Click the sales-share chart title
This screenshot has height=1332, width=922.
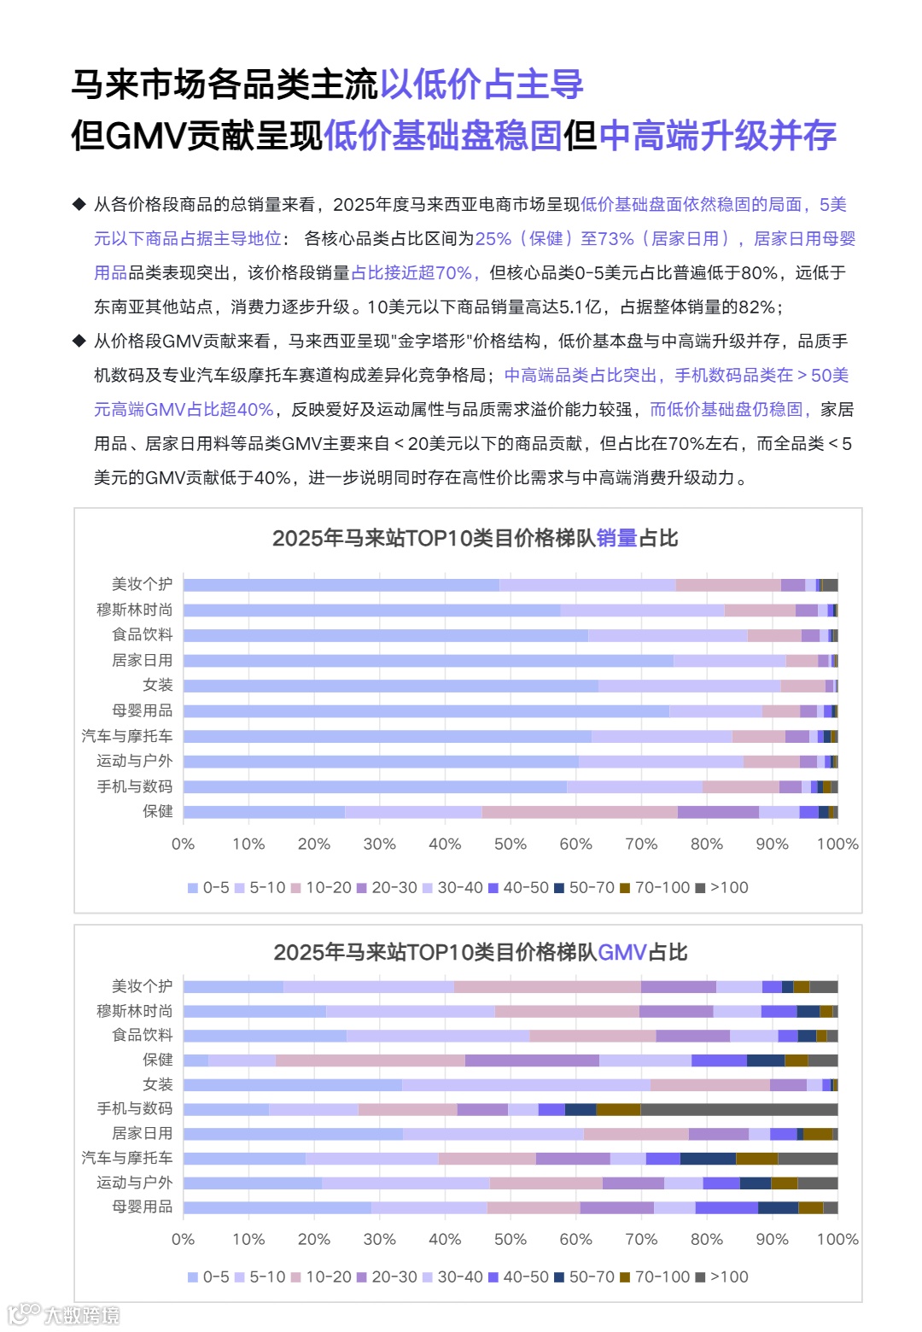click(x=475, y=538)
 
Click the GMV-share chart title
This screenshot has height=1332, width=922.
click(x=480, y=952)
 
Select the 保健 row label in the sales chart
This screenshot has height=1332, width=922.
click(x=157, y=811)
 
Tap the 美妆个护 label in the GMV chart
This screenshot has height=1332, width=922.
click(x=142, y=986)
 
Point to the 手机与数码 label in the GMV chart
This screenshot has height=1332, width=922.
click(x=134, y=1108)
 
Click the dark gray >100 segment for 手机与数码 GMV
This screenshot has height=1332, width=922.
click(x=738, y=1109)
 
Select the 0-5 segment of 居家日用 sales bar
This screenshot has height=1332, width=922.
click(x=427, y=661)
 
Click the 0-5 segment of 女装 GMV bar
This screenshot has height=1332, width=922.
click(x=292, y=1085)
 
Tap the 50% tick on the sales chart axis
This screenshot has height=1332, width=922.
click(x=511, y=844)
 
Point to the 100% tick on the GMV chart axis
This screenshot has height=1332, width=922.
click(x=837, y=1240)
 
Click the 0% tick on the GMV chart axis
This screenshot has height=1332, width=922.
click(x=184, y=1240)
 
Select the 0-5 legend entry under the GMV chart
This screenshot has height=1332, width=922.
click(x=208, y=1277)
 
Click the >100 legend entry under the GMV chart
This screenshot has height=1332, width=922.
click(x=722, y=1277)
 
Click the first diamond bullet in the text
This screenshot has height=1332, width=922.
click(x=79, y=204)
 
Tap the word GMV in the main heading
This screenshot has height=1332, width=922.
click(x=145, y=135)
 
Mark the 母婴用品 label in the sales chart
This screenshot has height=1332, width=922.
click(x=142, y=710)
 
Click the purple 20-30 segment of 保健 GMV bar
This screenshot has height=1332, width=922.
click(x=532, y=1060)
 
